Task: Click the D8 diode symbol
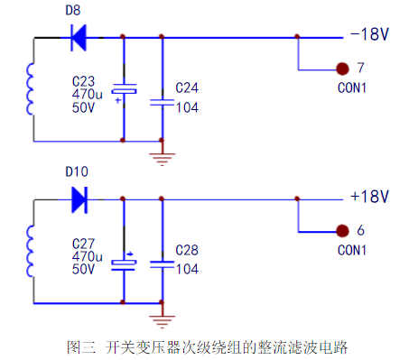click(79, 37)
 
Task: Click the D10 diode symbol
click(79, 197)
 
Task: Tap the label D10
click(76, 171)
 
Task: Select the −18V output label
click(367, 36)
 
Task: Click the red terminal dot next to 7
click(342, 69)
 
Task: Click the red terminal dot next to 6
click(342, 230)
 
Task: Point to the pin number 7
click(360, 69)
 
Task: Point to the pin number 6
click(360, 230)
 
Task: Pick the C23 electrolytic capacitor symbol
click(123, 90)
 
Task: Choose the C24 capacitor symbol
click(162, 102)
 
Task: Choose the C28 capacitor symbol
click(162, 263)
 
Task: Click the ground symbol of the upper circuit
click(162, 159)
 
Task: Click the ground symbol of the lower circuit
click(162, 318)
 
